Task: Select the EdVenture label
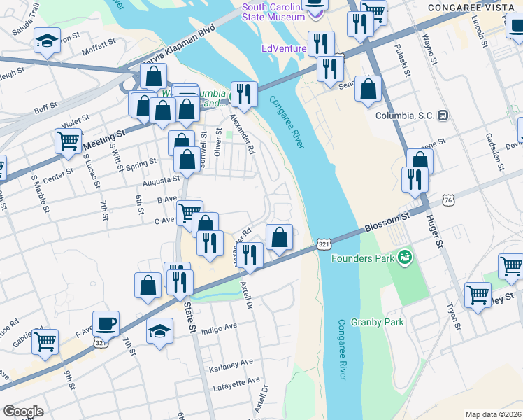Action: [x=283, y=48]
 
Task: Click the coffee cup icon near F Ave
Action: [x=106, y=323]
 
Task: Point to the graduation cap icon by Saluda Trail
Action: [x=47, y=41]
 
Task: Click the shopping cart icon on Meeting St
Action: [x=68, y=140]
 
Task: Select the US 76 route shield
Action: [x=447, y=200]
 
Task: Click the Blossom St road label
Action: [x=386, y=225]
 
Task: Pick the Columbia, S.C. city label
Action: [x=406, y=115]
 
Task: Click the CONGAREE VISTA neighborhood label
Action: [x=478, y=7]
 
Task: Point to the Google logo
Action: [x=23, y=411]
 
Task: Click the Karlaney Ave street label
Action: [x=231, y=365]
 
